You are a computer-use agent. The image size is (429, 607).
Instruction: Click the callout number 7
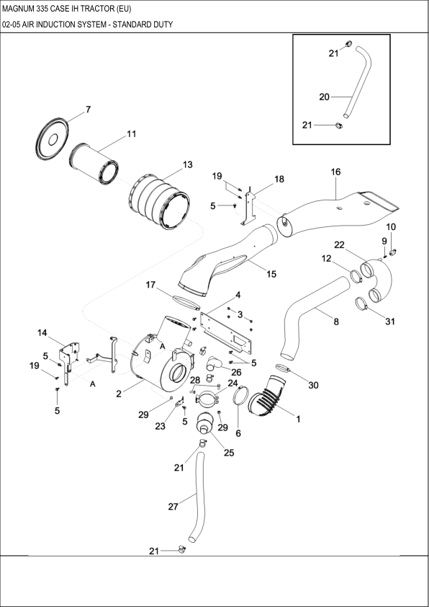(88, 110)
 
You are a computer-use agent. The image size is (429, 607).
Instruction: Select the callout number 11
(131, 134)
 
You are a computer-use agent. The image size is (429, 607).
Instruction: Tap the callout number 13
(187, 165)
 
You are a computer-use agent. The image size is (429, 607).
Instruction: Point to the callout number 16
(335, 172)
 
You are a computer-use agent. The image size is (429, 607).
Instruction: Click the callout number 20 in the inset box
(324, 96)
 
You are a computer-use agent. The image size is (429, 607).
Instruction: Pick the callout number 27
(173, 507)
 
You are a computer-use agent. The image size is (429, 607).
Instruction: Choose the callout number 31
(390, 322)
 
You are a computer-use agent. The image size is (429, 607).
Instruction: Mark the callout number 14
(42, 332)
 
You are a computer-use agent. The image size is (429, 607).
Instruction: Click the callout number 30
(313, 386)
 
